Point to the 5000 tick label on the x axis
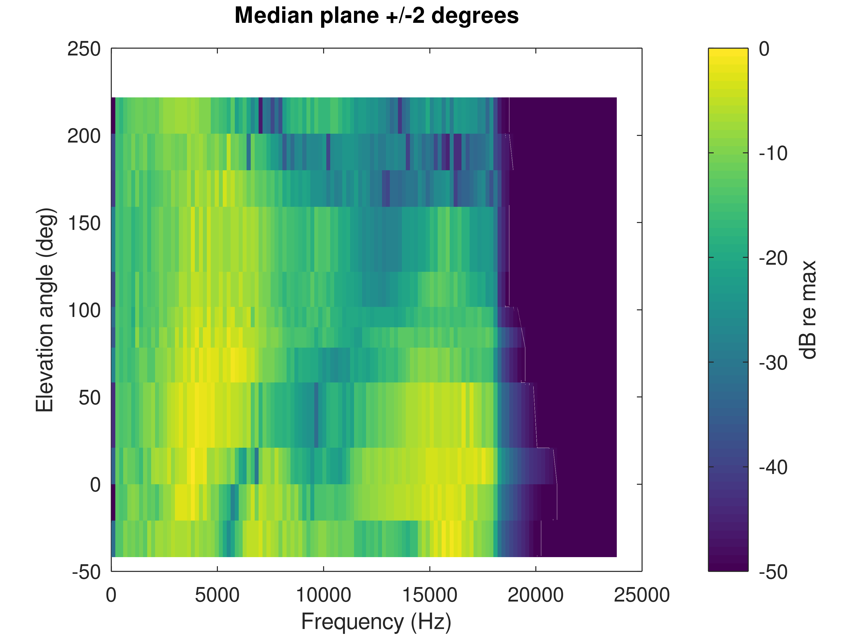pos(217,595)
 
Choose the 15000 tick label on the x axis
pos(430,595)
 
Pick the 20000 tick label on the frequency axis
pos(536,595)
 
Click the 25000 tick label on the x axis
pos(642,595)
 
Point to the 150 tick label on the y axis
pos(84,223)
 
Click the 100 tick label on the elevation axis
pos(84,310)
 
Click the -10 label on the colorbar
pos(773,154)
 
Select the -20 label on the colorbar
pos(773,258)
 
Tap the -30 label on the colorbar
pos(773,363)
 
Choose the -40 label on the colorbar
pos(773,467)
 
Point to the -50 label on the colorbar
pos(773,572)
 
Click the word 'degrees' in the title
pos(474,16)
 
